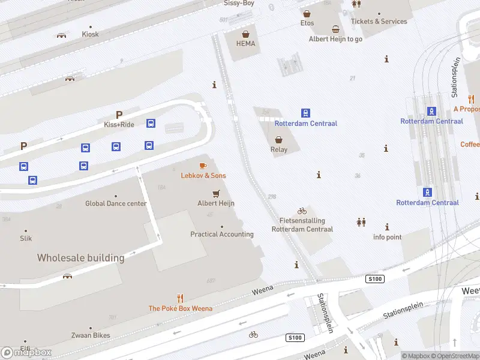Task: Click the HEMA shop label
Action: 245,44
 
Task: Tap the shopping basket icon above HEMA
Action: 245,34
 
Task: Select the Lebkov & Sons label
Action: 203,175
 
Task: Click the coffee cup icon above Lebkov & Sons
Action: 203,165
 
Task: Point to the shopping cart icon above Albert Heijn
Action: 216,193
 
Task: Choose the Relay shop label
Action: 279,149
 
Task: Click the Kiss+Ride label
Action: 119,124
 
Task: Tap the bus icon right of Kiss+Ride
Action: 151,124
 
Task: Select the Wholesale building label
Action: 80,258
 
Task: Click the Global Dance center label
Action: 116,203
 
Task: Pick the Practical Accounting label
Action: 222,234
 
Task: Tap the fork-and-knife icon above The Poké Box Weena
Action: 180,298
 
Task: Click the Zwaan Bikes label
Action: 91,337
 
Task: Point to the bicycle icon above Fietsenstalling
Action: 302,211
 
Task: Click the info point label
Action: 387,237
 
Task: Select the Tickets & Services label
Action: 379,22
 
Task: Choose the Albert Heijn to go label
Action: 335,39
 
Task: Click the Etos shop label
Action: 307,23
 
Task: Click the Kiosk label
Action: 91,34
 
